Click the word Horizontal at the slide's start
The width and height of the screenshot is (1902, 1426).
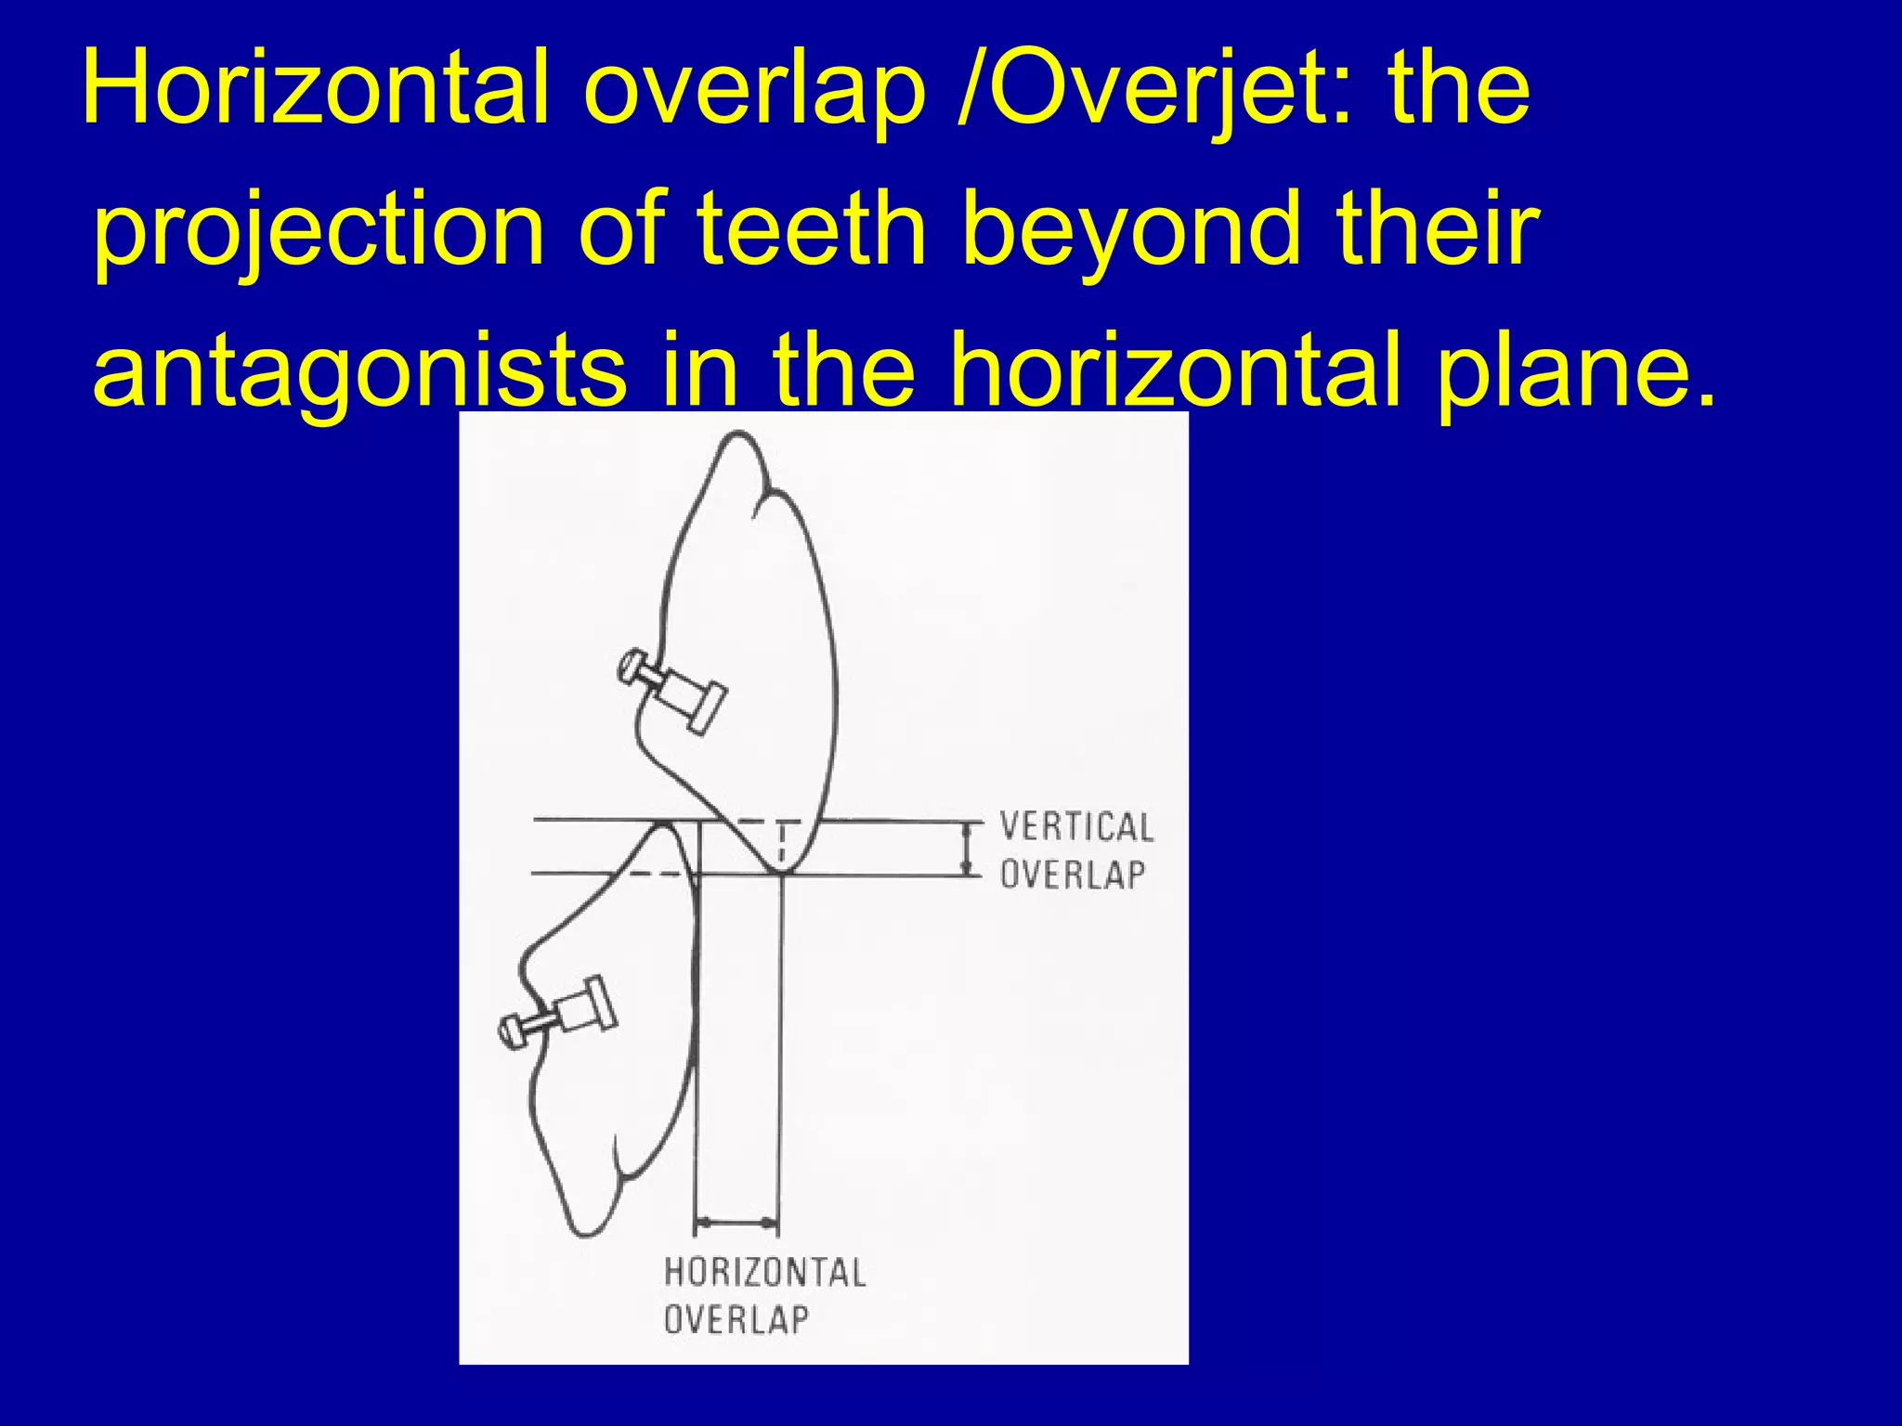[x=316, y=89]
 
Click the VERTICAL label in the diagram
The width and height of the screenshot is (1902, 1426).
[x=1075, y=827]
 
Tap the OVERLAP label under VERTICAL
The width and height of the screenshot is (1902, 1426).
[x=1072, y=875]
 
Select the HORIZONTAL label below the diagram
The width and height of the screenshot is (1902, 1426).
[x=764, y=1273]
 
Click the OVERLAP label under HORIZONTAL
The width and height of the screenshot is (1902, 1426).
[x=736, y=1319]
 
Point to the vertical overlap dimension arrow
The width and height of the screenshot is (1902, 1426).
[x=968, y=849]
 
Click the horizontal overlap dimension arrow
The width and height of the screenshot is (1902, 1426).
[x=736, y=1224]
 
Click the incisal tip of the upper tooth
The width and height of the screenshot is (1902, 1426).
[x=780, y=871]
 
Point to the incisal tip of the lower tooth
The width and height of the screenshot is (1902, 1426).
[x=665, y=825]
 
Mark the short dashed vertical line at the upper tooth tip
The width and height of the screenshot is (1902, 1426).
[x=782, y=843]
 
